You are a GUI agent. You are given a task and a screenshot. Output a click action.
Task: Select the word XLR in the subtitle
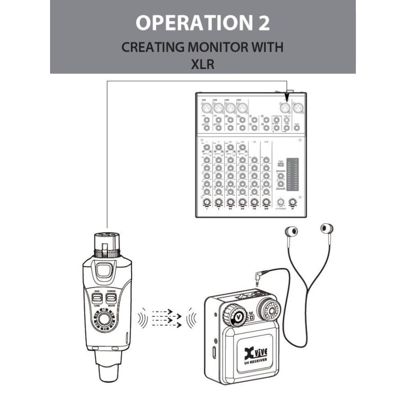(203, 64)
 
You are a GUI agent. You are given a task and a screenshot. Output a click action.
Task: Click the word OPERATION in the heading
(189, 23)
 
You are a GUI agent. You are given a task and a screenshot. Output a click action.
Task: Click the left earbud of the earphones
(292, 231)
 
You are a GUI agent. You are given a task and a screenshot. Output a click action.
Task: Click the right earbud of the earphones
(327, 228)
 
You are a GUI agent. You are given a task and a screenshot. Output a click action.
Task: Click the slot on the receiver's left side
(213, 350)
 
